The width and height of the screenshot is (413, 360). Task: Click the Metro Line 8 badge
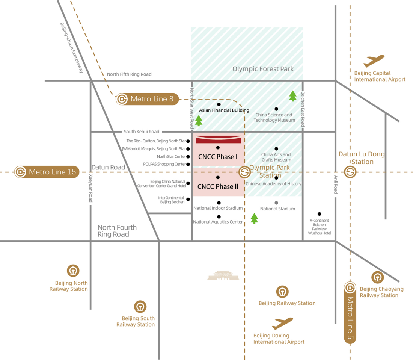click(147, 99)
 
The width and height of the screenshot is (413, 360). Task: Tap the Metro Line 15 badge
click(47, 172)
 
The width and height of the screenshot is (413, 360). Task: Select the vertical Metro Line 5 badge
click(350, 313)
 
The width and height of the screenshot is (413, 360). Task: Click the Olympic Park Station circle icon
click(244, 172)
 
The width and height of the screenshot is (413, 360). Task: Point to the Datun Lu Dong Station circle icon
click(350, 172)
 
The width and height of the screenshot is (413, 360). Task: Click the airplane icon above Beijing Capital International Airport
click(374, 61)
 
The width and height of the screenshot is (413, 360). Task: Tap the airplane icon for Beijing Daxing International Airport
click(282, 324)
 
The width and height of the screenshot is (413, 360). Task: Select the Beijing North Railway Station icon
click(73, 271)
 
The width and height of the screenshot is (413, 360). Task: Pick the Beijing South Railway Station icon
click(140, 307)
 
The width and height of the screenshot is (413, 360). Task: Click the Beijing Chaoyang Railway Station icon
click(377, 277)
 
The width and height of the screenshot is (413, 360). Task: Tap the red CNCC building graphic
click(219, 139)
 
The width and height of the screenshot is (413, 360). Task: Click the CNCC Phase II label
click(218, 187)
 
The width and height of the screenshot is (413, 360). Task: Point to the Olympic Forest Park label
click(263, 69)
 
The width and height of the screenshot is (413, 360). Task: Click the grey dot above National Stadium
click(276, 203)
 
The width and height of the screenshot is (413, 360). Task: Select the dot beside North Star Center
click(188, 157)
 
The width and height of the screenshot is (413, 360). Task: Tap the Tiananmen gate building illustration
click(223, 275)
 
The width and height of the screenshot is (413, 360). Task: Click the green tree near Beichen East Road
click(293, 96)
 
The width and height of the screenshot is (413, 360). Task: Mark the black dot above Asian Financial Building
click(219, 104)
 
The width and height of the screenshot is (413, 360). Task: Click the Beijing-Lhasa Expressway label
click(72, 48)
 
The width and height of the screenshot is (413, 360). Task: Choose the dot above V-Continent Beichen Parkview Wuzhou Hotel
click(319, 214)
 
